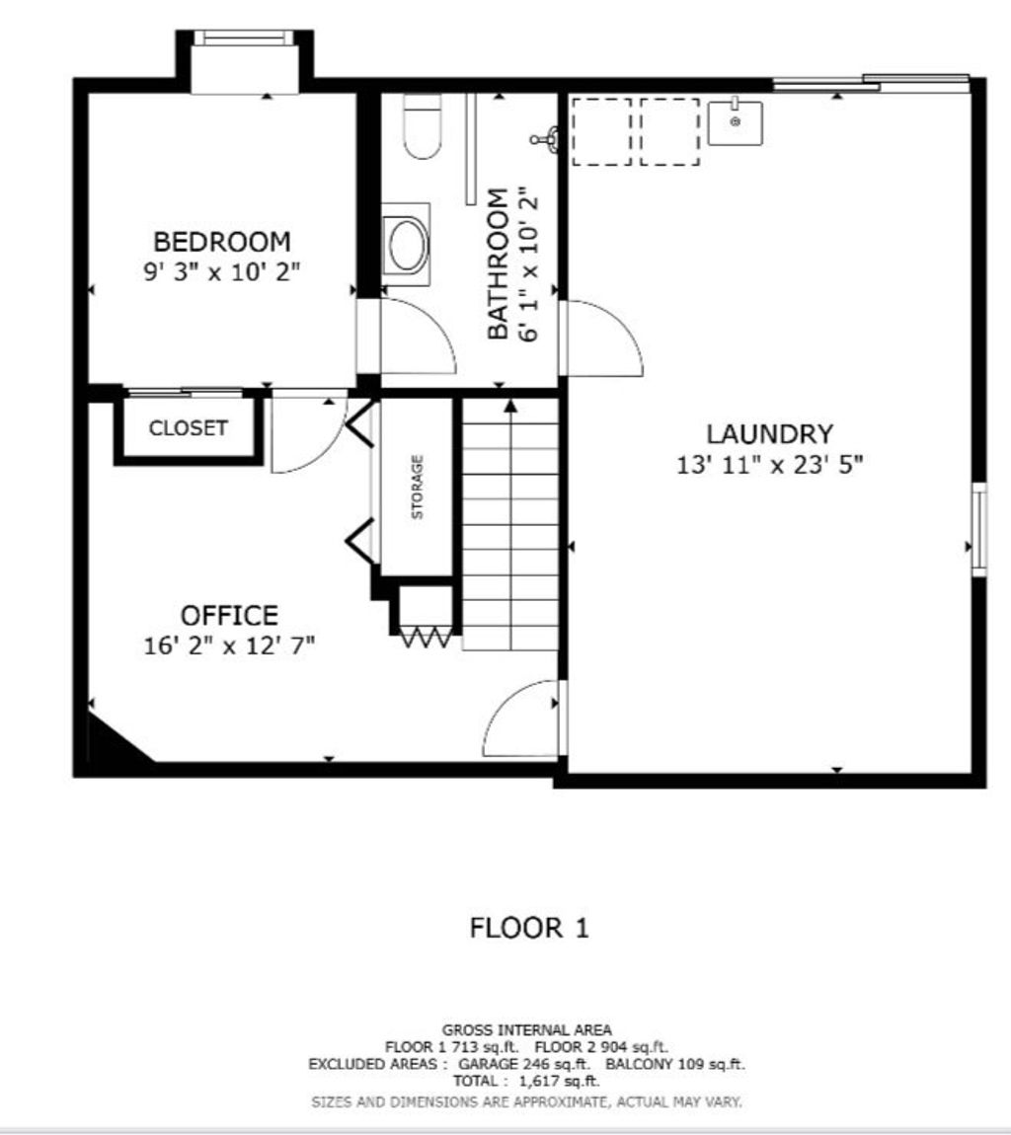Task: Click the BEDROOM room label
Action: pos(222,241)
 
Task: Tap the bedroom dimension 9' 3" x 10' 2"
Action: pos(221,272)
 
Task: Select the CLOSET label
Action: pos(189,427)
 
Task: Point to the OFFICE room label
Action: pos(229,615)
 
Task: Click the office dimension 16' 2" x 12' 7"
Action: pos(229,644)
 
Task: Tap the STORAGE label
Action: pos(418,488)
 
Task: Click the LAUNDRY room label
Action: pos(769,433)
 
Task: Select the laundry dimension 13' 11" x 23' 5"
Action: pos(770,464)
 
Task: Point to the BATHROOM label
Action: pos(498,264)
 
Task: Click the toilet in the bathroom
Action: pos(423,126)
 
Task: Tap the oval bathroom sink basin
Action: pos(407,245)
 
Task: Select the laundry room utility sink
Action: pos(735,122)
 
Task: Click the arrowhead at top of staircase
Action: pos(511,406)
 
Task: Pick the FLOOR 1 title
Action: pos(528,928)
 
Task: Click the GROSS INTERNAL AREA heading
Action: pos(526,1029)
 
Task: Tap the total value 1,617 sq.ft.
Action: pos(559,1082)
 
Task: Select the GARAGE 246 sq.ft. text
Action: pos(524,1064)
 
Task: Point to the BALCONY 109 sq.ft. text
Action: pos(675,1064)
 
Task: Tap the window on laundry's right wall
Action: pos(978,528)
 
